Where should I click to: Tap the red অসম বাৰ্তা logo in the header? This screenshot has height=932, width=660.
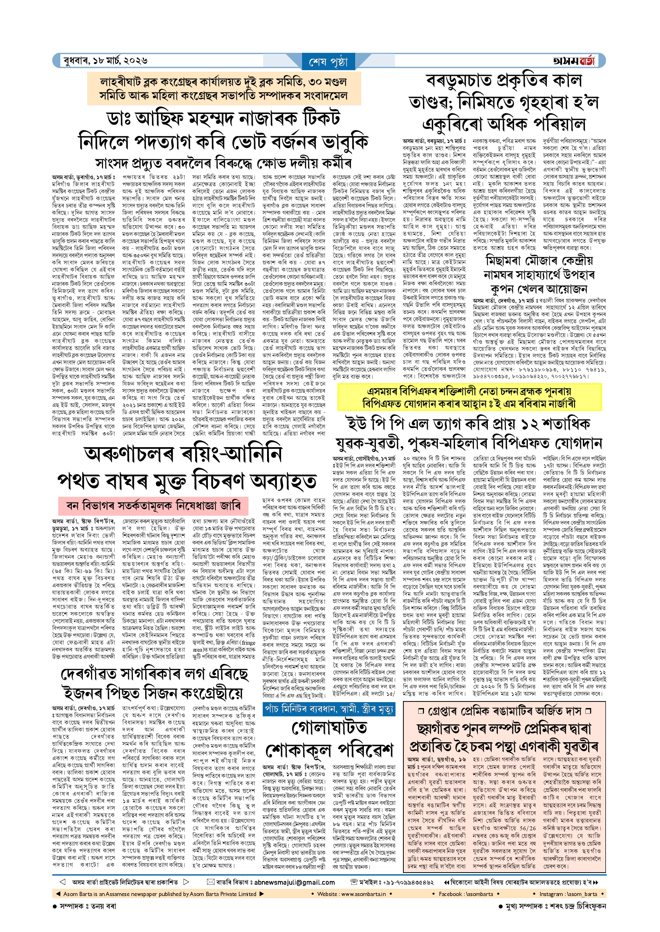coord(574,61)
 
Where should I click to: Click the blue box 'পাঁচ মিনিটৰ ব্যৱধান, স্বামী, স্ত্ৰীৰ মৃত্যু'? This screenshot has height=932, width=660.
coord(329,710)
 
